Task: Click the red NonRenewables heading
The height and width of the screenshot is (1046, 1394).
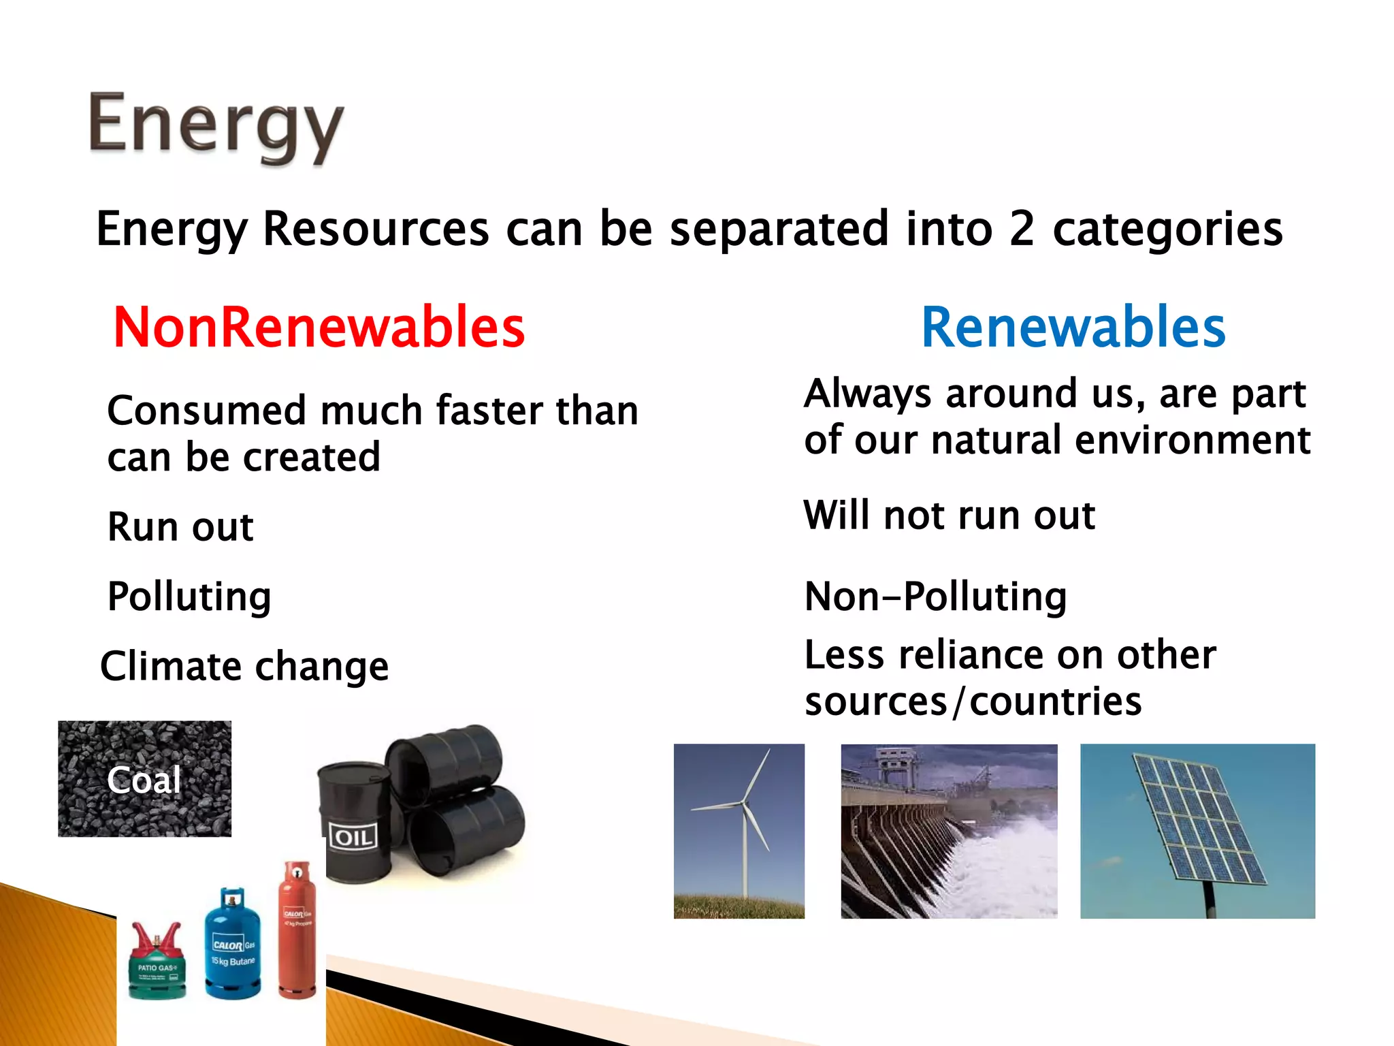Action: (319, 328)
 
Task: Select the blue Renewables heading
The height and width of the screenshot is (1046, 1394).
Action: (1073, 328)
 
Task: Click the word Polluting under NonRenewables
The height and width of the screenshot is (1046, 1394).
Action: (189, 597)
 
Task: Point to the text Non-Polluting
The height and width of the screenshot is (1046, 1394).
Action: (935, 597)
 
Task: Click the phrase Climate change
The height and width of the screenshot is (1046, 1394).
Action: (244, 666)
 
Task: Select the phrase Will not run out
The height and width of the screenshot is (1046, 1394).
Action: (949, 516)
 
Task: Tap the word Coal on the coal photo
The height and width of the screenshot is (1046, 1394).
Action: (144, 780)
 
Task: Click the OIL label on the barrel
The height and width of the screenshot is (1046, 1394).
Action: (353, 837)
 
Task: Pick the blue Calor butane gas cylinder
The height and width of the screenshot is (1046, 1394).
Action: (233, 947)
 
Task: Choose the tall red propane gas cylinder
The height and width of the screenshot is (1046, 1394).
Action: (297, 933)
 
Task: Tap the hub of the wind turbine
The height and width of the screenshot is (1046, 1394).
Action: (743, 805)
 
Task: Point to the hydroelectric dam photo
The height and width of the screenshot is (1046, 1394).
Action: (949, 831)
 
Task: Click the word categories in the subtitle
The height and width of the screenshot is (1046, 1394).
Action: (1167, 230)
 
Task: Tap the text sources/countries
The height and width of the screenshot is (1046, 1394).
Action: (973, 702)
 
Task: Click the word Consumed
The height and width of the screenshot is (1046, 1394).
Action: (207, 411)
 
